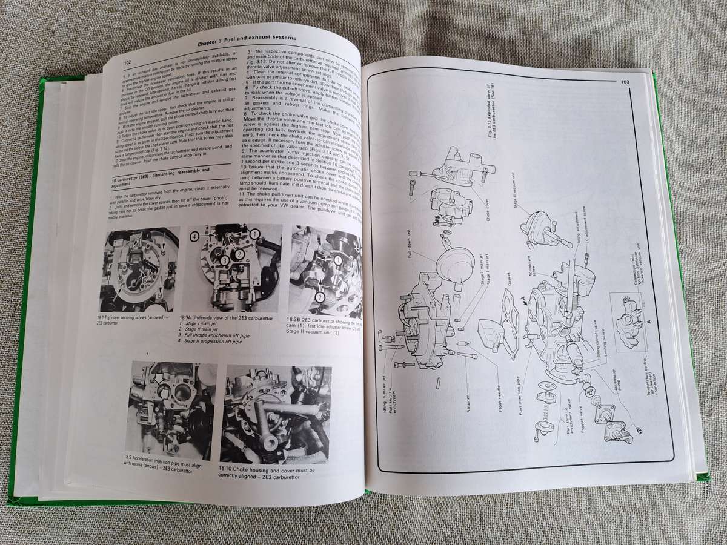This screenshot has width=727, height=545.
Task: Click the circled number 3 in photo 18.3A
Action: (x=224, y=260)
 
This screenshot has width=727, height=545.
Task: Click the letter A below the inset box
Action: (x=648, y=322)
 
